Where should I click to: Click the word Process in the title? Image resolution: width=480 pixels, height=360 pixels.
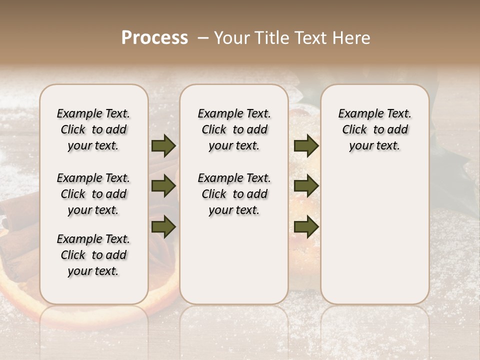tap(154, 38)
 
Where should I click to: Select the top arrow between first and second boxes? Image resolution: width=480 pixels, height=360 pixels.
tap(163, 146)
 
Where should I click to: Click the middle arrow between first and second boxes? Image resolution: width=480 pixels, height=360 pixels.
tap(163, 186)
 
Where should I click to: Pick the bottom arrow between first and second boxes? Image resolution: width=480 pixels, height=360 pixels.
tap(163, 226)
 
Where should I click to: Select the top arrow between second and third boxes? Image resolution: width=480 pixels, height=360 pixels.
tap(306, 146)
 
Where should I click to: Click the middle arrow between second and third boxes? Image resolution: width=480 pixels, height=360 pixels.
tap(306, 186)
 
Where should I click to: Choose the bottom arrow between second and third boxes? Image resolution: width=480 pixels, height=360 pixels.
tap(306, 226)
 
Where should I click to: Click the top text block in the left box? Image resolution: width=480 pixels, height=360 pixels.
tap(93, 129)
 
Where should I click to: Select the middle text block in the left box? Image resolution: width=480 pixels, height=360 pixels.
tap(93, 194)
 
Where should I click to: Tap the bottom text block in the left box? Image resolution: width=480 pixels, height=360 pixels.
tap(93, 255)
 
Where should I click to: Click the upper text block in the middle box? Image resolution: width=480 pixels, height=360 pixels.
tap(234, 129)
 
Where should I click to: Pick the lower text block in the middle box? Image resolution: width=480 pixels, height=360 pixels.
tap(234, 194)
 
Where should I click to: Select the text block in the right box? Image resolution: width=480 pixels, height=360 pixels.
tap(374, 129)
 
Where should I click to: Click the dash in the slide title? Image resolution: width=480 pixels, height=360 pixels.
tap(203, 38)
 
